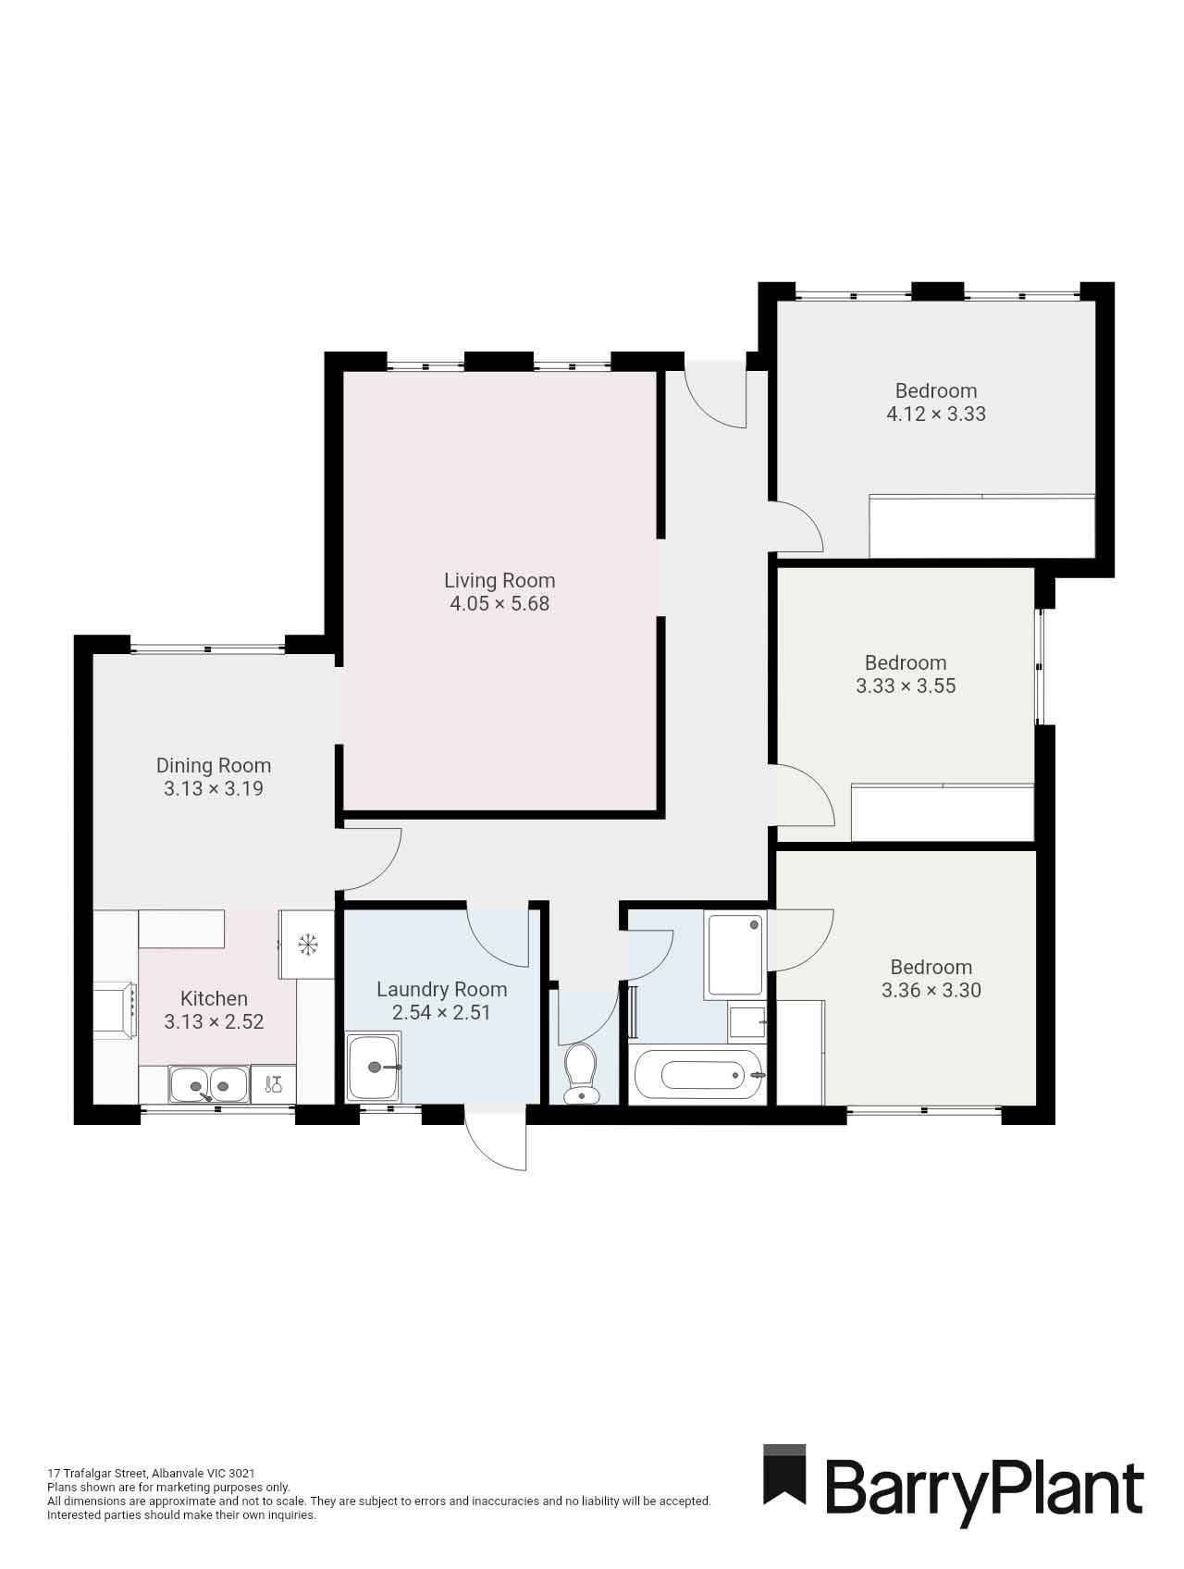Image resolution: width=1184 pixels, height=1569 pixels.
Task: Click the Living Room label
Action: (x=499, y=580)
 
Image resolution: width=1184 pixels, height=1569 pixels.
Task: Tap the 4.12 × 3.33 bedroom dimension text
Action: (x=936, y=414)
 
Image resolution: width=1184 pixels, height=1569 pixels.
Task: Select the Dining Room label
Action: (x=213, y=765)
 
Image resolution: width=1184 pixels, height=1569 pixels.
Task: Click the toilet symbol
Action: (x=581, y=1073)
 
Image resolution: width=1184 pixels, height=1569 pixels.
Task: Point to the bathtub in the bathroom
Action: (x=697, y=1075)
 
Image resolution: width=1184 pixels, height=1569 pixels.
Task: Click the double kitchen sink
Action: (x=208, y=1083)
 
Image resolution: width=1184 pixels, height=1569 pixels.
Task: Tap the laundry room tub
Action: (x=374, y=1068)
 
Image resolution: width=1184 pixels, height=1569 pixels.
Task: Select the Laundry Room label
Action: (x=441, y=989)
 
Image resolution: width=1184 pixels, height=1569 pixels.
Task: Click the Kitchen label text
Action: (x=214, y=998)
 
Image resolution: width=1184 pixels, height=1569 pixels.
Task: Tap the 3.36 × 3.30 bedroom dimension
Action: (x=931, y=990)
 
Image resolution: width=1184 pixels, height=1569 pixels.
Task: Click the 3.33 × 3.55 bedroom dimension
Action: (x=906, y=686)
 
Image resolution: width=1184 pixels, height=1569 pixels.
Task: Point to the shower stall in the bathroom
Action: (x=734, y=954)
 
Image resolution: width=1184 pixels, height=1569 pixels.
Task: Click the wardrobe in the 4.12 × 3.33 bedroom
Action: (x=981, y=526)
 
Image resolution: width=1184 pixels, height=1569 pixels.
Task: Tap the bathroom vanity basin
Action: (x=746, y=1022)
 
